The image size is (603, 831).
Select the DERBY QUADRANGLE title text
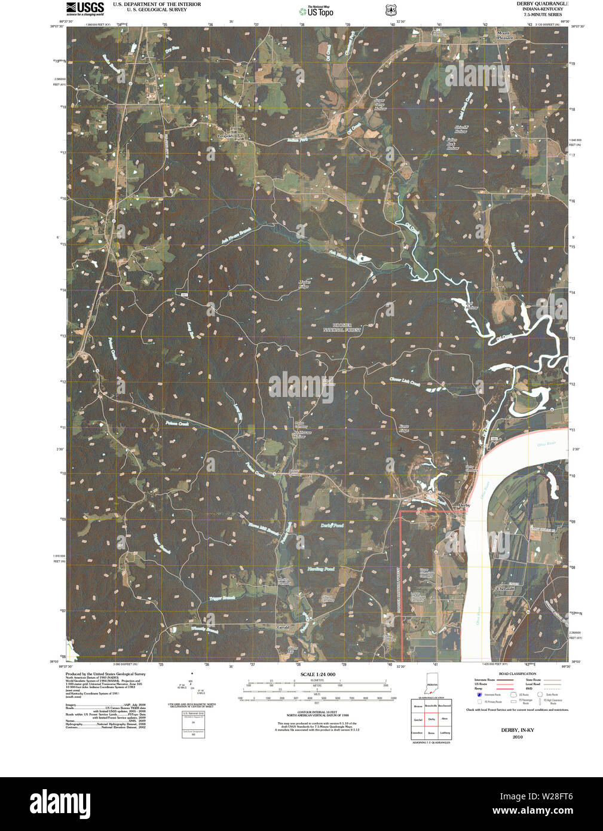pos(542,4)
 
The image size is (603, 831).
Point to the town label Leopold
pos(228,136)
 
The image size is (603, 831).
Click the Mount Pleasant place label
pos(504,35)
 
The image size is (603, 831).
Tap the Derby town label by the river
pos(464,505)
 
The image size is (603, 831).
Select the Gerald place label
pos(283,627)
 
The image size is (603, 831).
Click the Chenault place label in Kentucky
pos(506,589)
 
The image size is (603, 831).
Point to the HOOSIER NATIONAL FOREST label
pos(342,327)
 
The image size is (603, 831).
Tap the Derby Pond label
pos(332,526)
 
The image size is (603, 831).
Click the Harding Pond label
pos(321,569)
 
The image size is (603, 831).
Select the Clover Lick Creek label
pos(405,379)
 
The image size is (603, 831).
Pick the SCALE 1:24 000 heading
pos(317,674)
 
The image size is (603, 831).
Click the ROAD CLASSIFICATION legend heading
pos(518,674)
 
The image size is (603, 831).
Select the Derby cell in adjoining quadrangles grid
pos(431,719)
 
